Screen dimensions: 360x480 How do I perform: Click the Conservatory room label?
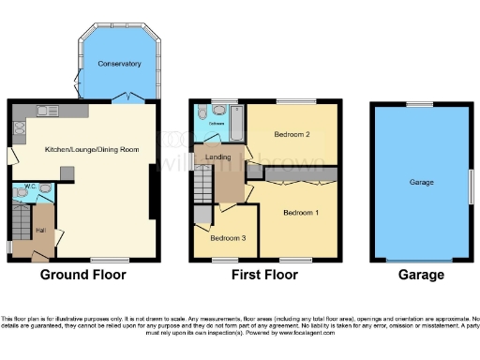[x=119, y=64]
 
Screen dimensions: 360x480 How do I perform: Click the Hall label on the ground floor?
[x=40, y=229]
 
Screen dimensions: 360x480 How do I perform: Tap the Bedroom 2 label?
[x=292, y=135]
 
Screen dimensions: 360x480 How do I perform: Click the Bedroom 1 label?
[x=302, y=213]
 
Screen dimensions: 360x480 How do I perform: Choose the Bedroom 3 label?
[x=228, y=238]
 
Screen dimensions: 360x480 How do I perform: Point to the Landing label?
[x=218, y=157]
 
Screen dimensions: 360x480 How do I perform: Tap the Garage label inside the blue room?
[x=421, y=181]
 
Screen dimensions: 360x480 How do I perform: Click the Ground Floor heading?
[x=82, y=275]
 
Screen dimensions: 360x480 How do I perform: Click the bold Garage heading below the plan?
[x=420, y=275]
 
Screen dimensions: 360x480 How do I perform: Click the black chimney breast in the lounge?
[x=153, y=192]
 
